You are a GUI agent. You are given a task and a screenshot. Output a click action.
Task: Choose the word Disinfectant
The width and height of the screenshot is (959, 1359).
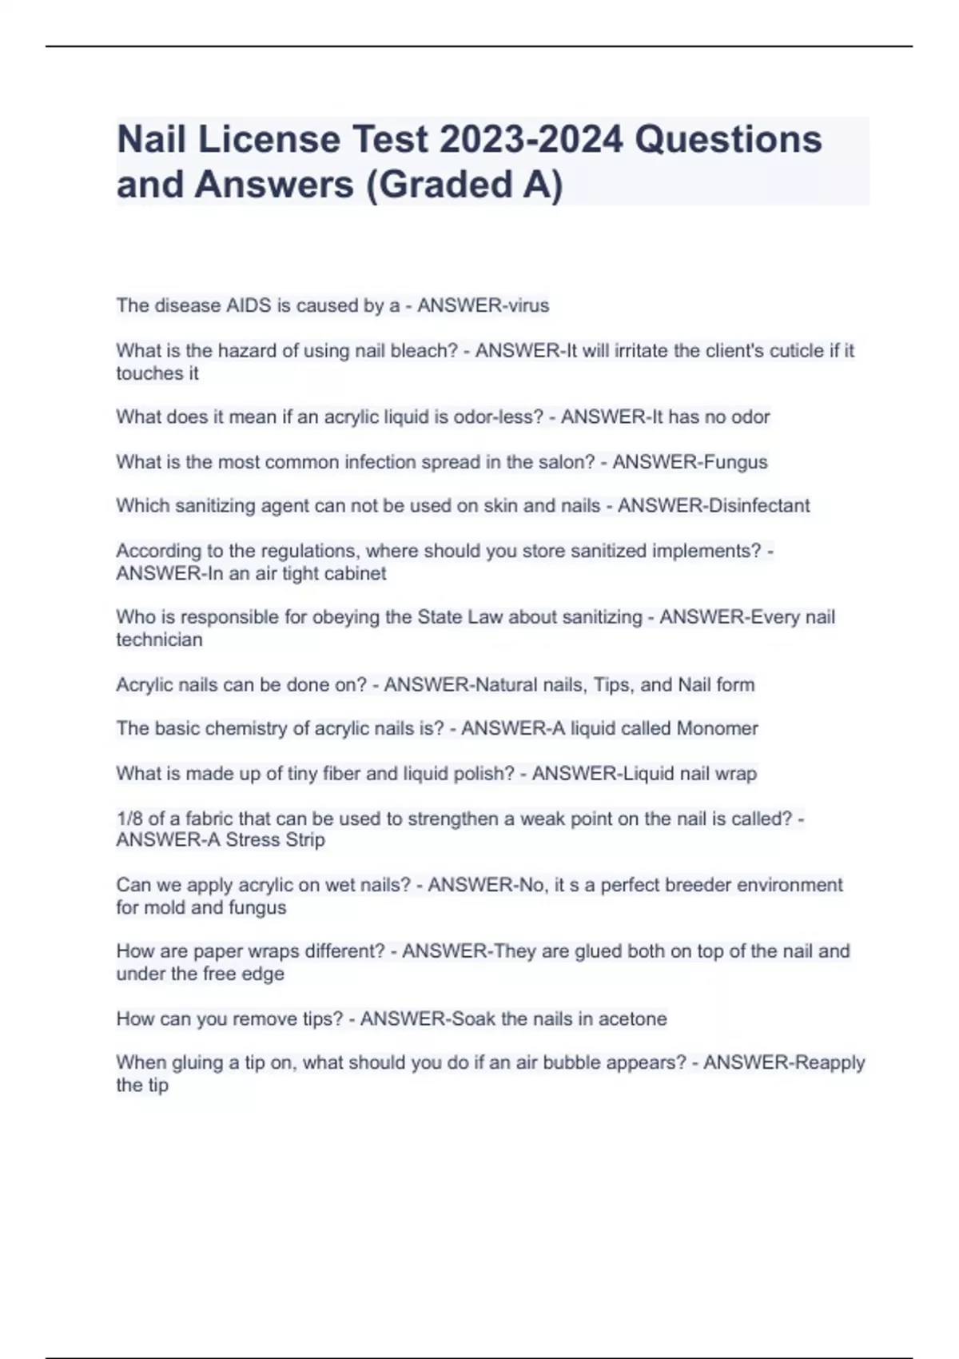point(758,506)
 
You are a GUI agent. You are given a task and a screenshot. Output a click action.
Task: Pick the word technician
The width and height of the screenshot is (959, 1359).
point(159,640)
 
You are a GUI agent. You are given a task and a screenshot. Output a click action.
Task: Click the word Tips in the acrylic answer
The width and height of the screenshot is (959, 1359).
point(612,684)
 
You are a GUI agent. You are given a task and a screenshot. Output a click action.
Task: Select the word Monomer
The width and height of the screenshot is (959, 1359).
point(717,728)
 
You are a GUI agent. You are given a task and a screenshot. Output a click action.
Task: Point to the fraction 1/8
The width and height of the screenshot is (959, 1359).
point(129,818)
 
